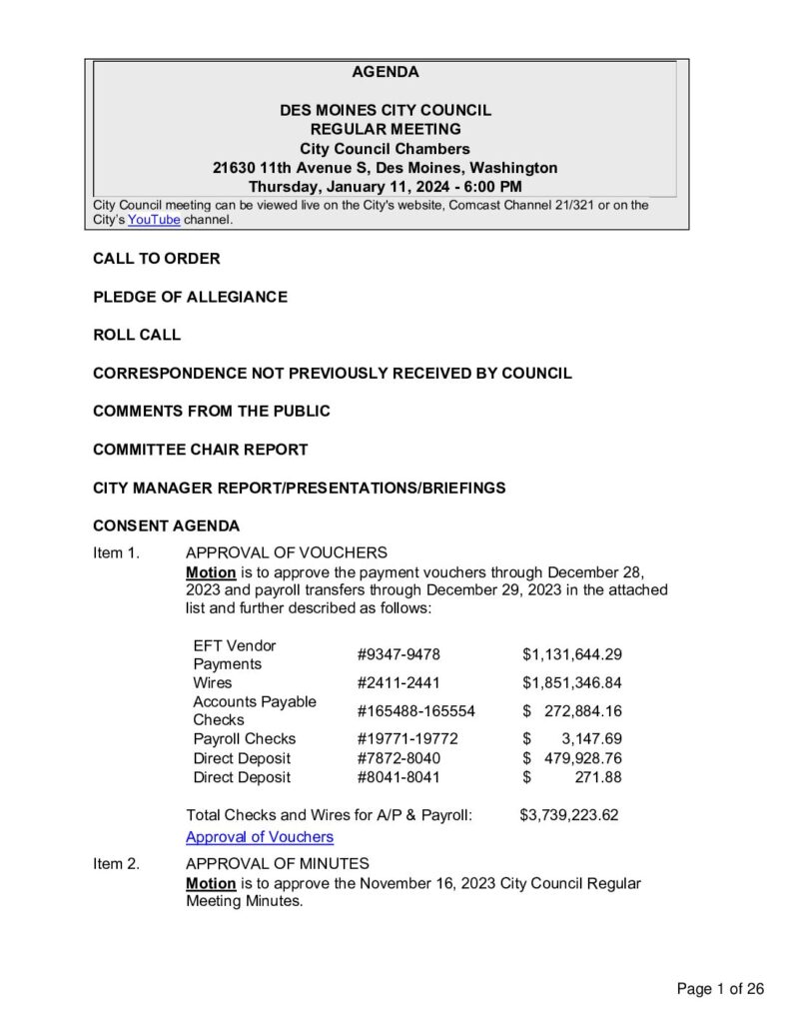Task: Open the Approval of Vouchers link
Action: pyautogui.click(x=260, y=837)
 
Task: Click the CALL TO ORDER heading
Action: pyautogui.click(x=157, y=259)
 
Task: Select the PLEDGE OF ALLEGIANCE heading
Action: pyautogui.click(x=190, y=297)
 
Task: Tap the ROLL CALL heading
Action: pyautogui.click(x=137, y=336)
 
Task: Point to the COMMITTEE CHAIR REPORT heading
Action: pyautogui.click(x=200, y=450)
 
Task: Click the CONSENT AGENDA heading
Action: pyautogui.click(x=166, y=525)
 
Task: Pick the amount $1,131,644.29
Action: pyautogui.click(x=572, y=654)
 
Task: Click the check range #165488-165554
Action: pyautogui.click(x=416, y=711)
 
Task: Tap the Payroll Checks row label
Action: pyautogui.click(x=245, y=739)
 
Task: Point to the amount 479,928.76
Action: pyautogui.click(x=583, y=758)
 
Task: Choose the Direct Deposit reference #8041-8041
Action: pyautogui.click(x=398, y=777)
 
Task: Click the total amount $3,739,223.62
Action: pyautogui.click(x=569, y=815)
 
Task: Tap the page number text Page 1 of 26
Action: pyautogui.click(x=720, y=989)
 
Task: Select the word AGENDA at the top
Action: pyautogui.click(x=386, y=72)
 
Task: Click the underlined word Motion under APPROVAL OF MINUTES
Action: pyautogui.click(x=211, y=883)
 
